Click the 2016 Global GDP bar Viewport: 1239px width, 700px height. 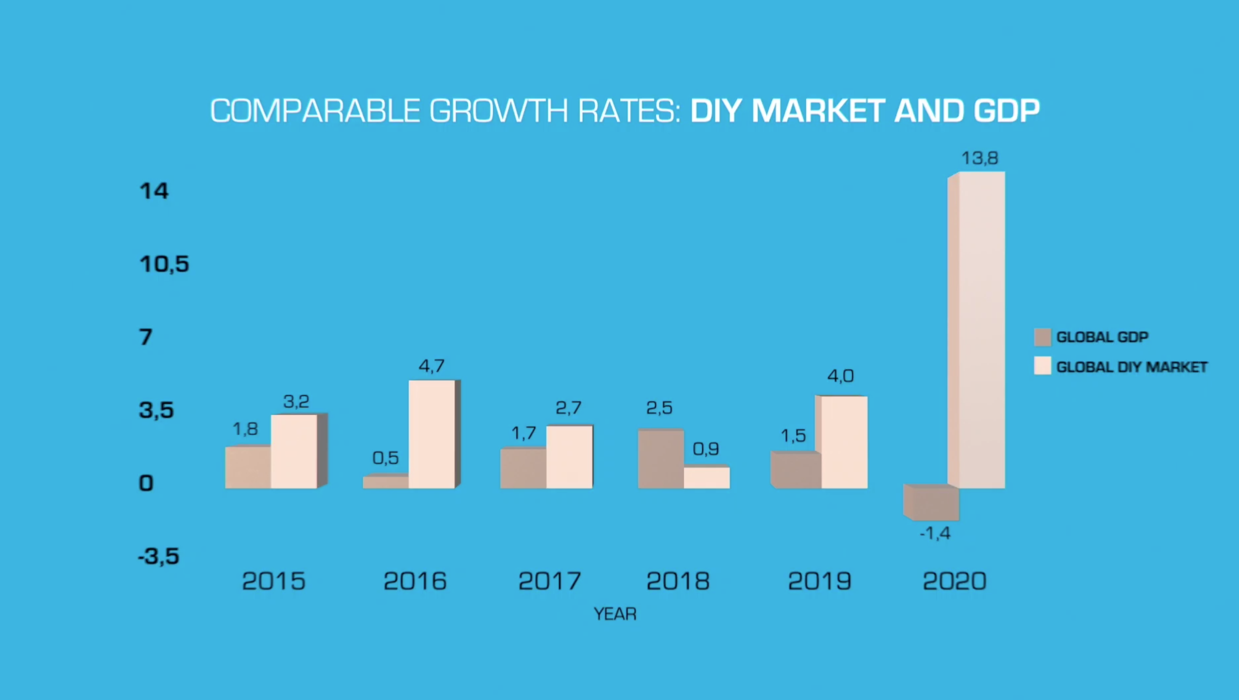pos(386,482)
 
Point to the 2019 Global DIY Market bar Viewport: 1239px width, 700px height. pos(844,442)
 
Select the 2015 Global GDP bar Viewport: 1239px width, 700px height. pos(248,467)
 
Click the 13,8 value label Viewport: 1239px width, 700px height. pos(979,158)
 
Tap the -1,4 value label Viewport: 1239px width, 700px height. pos(935,534)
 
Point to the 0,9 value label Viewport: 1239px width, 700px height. pos(706,450)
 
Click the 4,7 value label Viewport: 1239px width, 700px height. pos(431,366)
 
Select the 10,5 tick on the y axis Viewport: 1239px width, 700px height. pos(164,264)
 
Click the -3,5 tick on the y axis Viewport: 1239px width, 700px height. pos(158,556)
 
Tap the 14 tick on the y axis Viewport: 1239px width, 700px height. pos(154,191)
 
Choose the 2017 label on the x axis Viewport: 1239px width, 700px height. pos(549,581)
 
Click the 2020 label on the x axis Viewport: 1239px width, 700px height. pos(954,581)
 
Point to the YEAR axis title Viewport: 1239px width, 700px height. pos(615,614)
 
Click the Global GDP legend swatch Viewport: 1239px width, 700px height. pos(1042,337)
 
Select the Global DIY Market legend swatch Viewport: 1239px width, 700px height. pos(1042,366)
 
